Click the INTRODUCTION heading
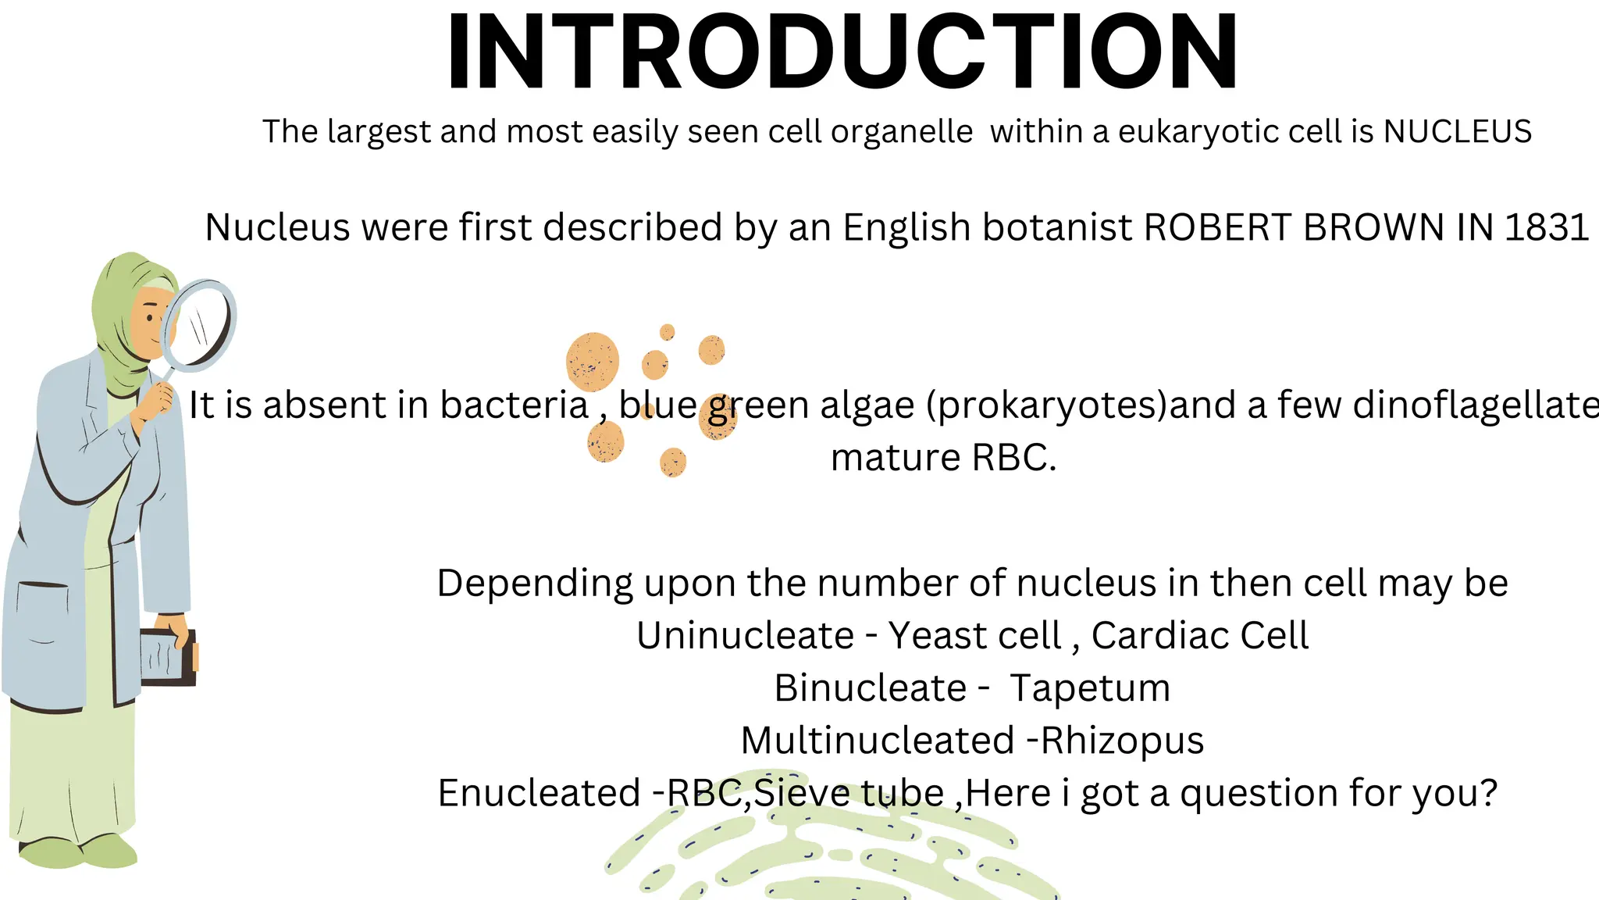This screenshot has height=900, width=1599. click(x=842, y=53)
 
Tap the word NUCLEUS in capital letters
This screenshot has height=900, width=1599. click(x=1458, y=131)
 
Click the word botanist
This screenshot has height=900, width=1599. click(x=1057, y=227)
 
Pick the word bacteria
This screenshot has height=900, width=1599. click(x=514, y=405)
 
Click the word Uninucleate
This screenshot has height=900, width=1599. click(x=745, y=635)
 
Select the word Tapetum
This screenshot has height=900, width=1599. click(x=1090, y=688)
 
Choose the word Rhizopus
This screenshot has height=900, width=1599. click(x=1123, y=741)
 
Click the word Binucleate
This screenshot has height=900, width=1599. click(x=871, y=688)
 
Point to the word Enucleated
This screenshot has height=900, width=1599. click(x=539, y=793)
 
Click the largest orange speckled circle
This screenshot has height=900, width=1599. click(x=593, y=362)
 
